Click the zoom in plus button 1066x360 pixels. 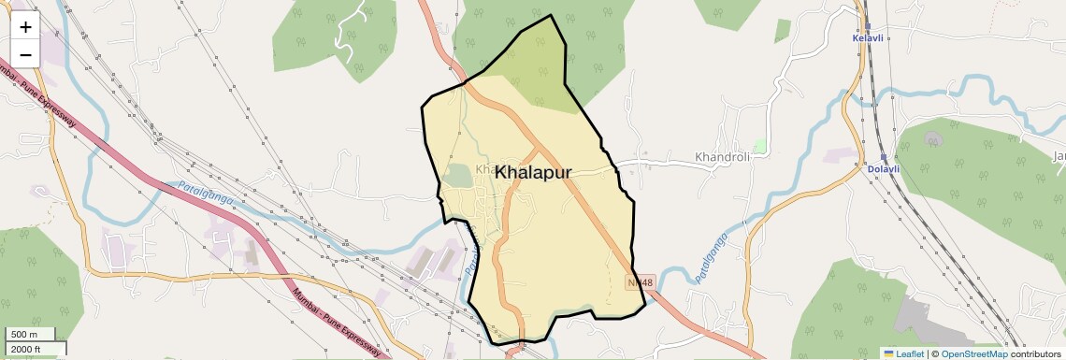(x=25, y=27)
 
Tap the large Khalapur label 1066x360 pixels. (x=533, y=172)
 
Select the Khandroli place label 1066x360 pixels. (x=723, y=157)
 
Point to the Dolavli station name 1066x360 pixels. (x=883, y=169)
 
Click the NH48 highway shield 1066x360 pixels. (x=641, y=281)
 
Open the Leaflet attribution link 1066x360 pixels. (x=903, y=353)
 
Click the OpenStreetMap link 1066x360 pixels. (x=974, y=353)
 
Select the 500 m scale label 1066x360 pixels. (x=24, y=335)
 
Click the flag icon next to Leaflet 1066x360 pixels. (x=888, y=353)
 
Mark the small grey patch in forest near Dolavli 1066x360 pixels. (x=932, y=138)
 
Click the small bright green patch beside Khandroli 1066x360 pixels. (x=759, y=146)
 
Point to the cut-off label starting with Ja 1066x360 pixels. (x=1059, y=155)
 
